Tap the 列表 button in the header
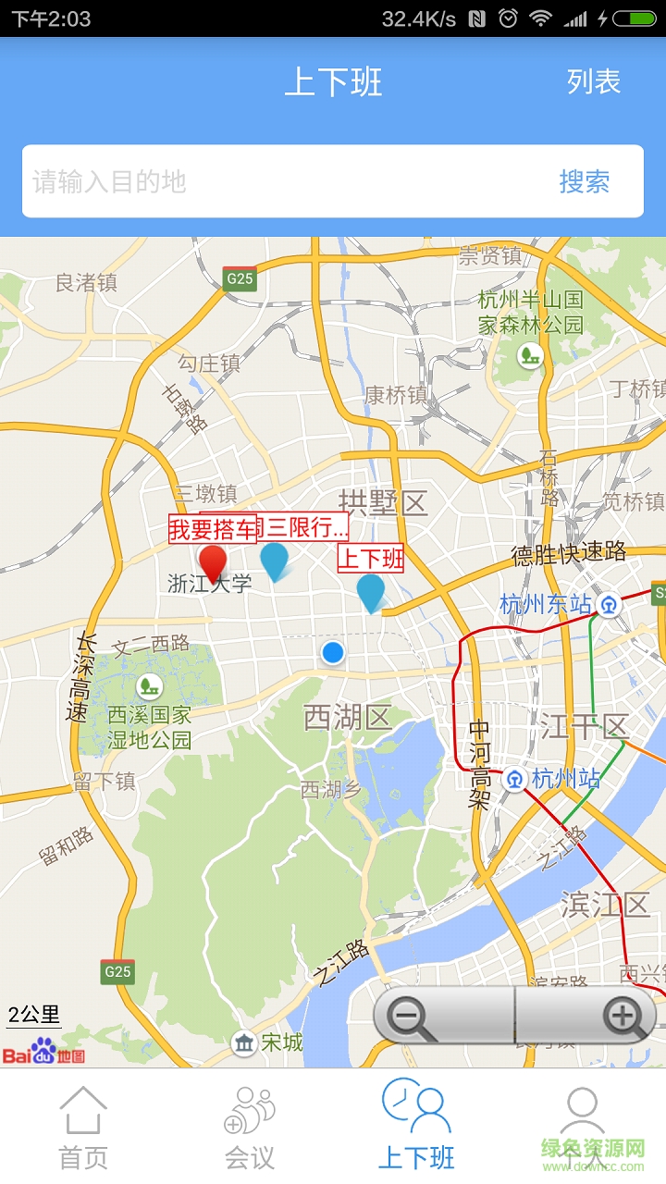[594, 82]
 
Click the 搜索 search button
[584, 181]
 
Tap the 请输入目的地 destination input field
[277, 181]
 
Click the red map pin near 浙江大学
[213, 563]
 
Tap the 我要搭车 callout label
[212, 529]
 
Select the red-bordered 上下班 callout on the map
[370, 559]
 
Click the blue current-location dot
[333, 653]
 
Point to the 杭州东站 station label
[545, 605]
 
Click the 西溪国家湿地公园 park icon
[148, 686]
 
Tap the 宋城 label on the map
[281, 1042]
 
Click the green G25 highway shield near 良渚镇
[240, 278]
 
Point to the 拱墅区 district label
[383, 504]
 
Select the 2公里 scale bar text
[34, 1014]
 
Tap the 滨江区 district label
[605, 905]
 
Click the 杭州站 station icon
[514, 780]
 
